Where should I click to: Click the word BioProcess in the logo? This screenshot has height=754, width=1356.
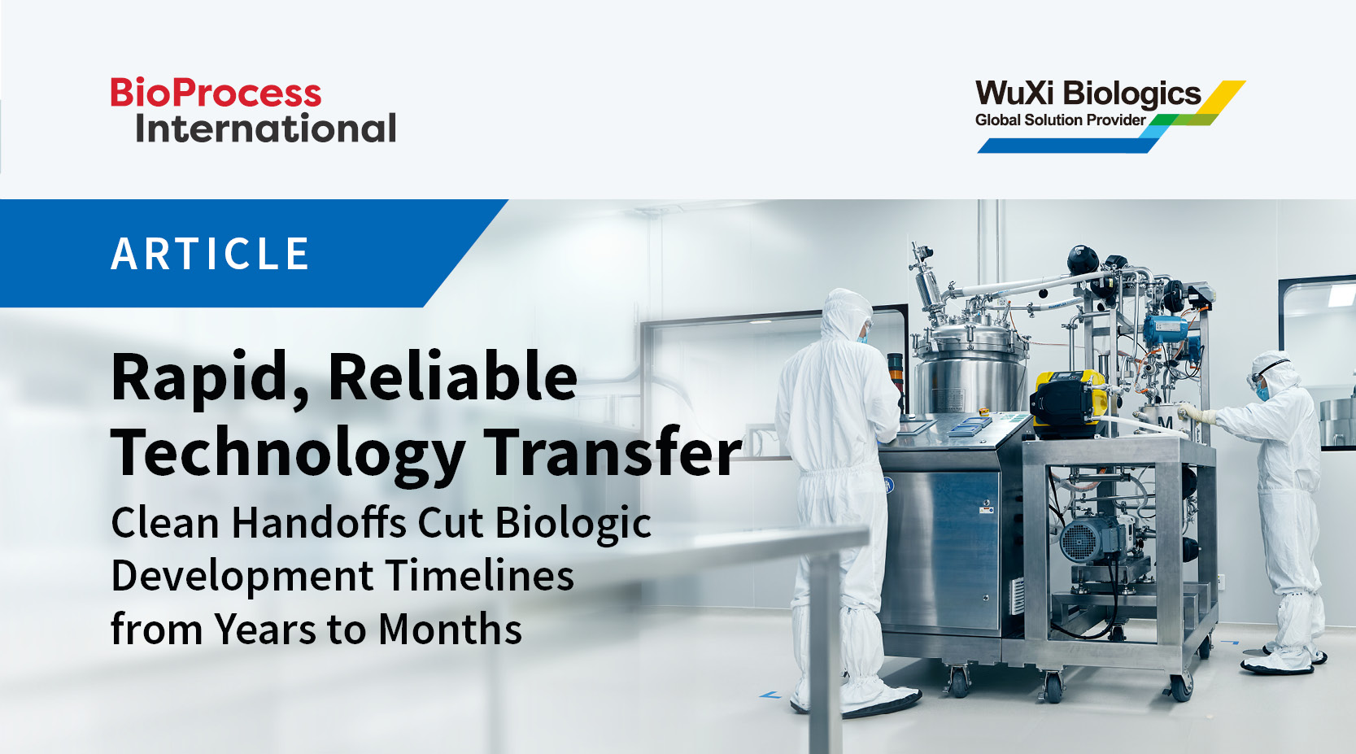(216, 94)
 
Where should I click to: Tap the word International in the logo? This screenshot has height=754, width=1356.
(265, 129)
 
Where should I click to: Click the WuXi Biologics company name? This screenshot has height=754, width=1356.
(1088, 94)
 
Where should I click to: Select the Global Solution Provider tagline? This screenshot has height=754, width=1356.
(1060, 120)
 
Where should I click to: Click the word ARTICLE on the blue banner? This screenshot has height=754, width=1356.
(211, 254)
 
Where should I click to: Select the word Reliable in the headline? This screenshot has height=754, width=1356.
(452, 377)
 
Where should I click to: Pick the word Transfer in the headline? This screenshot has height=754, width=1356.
(613, 451)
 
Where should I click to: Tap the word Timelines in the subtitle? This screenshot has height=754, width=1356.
(479, 576)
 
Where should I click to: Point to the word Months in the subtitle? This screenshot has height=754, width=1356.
(450, 630)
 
